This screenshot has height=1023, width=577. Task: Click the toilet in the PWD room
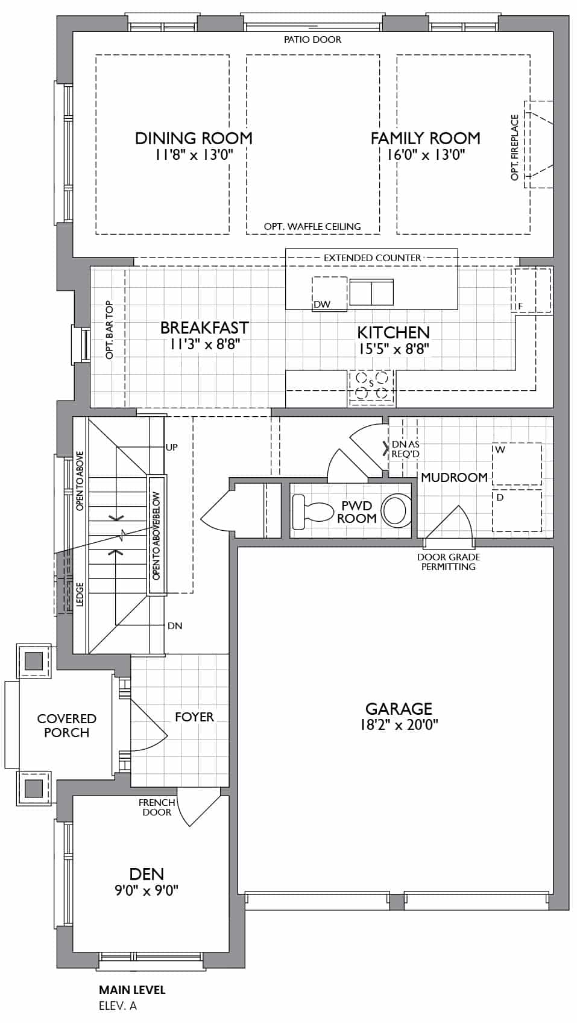coord(312,508)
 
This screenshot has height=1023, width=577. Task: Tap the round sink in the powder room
coord(396,510)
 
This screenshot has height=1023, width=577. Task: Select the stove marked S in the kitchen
coord(371,388)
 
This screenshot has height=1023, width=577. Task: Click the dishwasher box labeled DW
coord(329,294)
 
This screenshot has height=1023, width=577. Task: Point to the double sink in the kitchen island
coord(371,293)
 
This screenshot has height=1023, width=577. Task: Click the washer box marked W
coord(517,463)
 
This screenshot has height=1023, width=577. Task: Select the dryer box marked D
coord(517,510)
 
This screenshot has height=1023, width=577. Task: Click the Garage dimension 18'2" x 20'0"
coord(399,724)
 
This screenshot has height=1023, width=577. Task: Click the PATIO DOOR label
coord(313,40)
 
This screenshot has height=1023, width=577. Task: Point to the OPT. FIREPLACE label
coord(515,148)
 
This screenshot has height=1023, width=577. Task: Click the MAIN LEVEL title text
coord(133,990)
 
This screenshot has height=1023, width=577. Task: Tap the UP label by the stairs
coord(172,447)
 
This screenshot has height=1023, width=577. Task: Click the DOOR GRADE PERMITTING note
coord(449,562)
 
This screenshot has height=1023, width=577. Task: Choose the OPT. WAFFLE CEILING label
coord(312,227)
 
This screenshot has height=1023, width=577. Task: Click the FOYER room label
coord(195,717)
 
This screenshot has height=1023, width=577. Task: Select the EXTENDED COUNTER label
coord(373,258)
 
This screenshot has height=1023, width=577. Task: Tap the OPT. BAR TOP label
coord(109,330)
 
